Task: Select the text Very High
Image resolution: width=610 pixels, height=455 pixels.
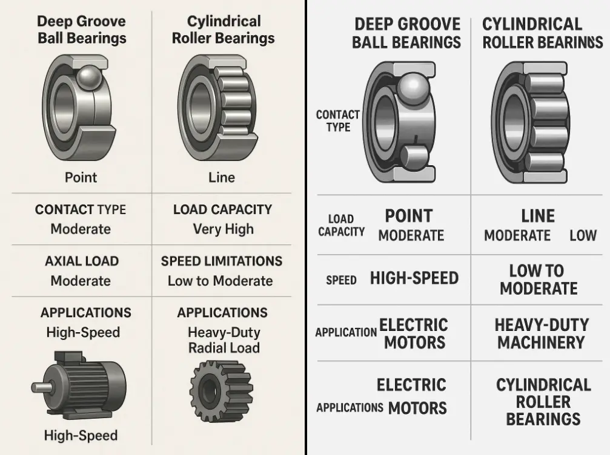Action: pos(223,229)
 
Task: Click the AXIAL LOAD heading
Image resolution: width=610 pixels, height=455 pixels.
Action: pos(81,261)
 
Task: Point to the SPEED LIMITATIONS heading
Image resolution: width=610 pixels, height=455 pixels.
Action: pos(222,261)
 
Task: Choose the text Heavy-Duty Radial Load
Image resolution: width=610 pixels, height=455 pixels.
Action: pos(224,340)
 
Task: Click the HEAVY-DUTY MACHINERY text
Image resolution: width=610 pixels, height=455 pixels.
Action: pos(542,333)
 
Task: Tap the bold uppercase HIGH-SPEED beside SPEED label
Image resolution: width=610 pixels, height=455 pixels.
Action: pos(414,278)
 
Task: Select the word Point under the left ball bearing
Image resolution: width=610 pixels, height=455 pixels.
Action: pos(81,177)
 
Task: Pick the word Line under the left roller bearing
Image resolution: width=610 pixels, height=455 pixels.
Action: pos(221,177)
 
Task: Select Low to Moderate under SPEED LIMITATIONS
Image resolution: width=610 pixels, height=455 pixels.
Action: pos(220,281)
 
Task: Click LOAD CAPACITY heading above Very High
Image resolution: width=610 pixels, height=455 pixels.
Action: pos(222,209)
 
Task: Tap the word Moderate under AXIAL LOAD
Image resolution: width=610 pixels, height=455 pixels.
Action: pos(81,281)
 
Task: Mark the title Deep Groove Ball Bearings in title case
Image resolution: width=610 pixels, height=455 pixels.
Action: pos(81,30)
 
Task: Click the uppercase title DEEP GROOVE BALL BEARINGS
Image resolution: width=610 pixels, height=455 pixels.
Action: pos(406,33)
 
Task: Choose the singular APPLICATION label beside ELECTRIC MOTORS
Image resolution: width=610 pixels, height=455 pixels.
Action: pos(346,332)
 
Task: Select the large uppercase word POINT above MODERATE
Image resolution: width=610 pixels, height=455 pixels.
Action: pos(409,216)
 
